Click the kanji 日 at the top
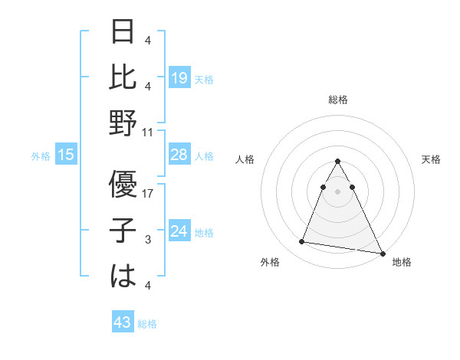123,32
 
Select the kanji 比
123,77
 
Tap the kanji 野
123,122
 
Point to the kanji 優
123,185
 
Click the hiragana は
123,276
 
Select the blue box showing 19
179,77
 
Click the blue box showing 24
179,231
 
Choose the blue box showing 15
65,155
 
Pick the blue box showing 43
123,322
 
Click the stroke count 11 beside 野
148,132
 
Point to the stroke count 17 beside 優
148,195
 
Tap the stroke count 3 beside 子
148,240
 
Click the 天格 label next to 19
204,79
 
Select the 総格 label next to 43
147,324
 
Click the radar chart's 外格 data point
301,242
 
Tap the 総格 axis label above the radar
338,100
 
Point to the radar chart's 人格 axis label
245,159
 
